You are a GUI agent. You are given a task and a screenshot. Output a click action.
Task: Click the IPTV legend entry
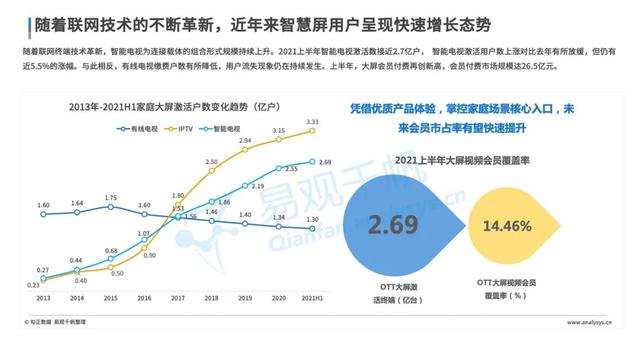click(x=185, y=129)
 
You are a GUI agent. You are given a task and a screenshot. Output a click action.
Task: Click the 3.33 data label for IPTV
click(x=312, y=122)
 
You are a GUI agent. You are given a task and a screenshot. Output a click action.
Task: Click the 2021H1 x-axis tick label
click(x=312, y=298)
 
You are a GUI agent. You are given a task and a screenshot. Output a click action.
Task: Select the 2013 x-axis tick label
click(x=42, y=298)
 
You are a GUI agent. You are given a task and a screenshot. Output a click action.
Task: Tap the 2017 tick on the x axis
click(x=178, y=298)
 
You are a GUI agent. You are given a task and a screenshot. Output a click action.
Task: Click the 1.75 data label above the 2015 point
click(x=110, y=198)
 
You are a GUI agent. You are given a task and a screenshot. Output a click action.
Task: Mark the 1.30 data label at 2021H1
click(x=313, y=219)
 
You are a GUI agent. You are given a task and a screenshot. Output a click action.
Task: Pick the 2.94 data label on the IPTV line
click(x=245, y=141)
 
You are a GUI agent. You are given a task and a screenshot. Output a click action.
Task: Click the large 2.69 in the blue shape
click(x=390, y=223)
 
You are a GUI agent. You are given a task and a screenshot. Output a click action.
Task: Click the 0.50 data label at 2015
click(x=117, y=272)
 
